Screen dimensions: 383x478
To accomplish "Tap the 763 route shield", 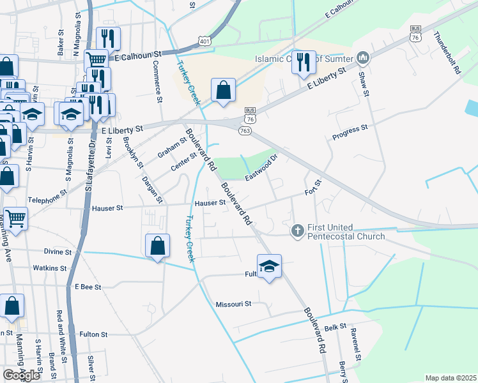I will (x=244, y=130).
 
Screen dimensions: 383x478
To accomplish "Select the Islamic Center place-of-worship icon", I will (x=364, y=59).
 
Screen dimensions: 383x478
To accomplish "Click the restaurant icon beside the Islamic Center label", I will (x=304, y=62).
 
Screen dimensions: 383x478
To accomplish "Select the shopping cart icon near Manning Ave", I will (x=15, y=219).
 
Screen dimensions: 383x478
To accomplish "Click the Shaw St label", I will (x=364, y=84).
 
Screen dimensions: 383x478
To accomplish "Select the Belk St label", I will (x=335, y=326).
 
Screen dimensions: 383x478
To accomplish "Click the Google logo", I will (x=21, y=375).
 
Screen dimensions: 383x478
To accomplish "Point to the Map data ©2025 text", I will (x=450, y=378).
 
